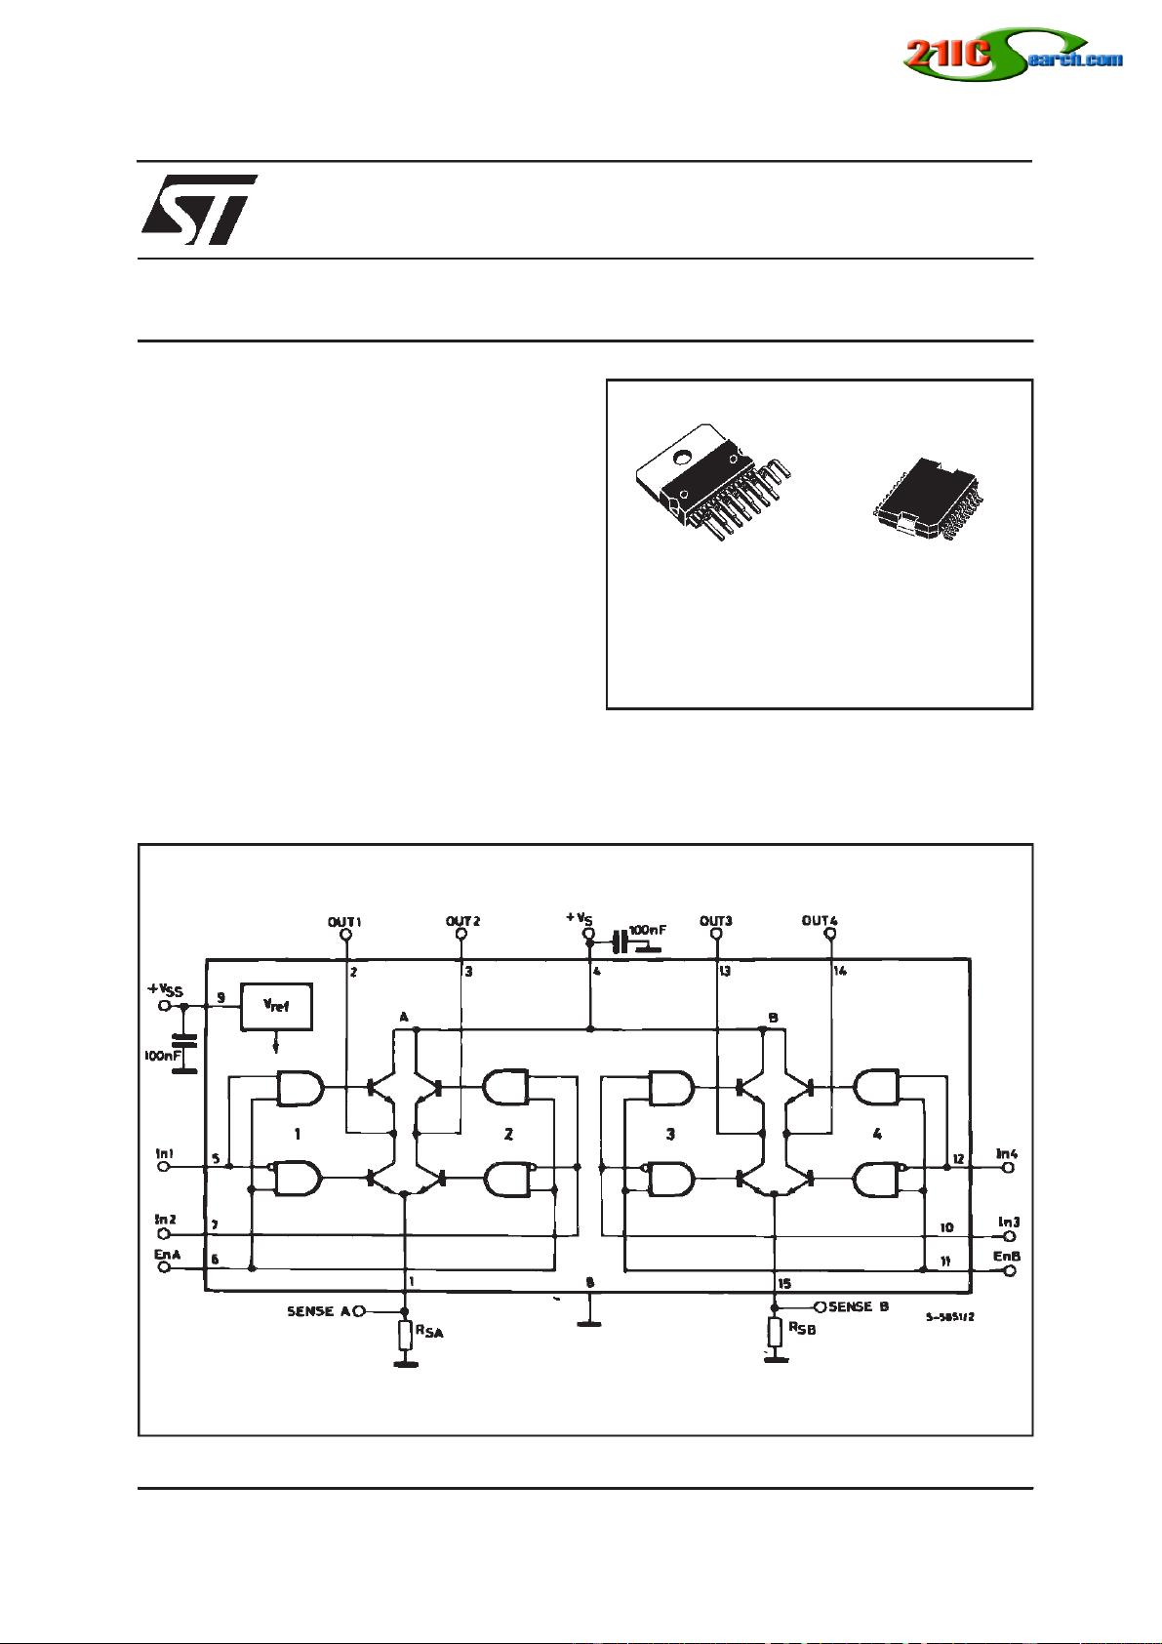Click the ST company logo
tap(198, 210)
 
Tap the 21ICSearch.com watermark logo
tap(1012, 56)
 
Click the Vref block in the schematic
tap(276, 1007)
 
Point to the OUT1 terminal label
tap(343, 920)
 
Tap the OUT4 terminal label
tap(819, 920)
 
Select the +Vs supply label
tap(578, 917)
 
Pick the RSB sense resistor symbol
tap(775, 1331)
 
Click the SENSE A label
tap(318, 1311)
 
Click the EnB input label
tap(1006, 1256)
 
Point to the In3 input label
tap(1008, 1222)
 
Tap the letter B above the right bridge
tap(773, 1017)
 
